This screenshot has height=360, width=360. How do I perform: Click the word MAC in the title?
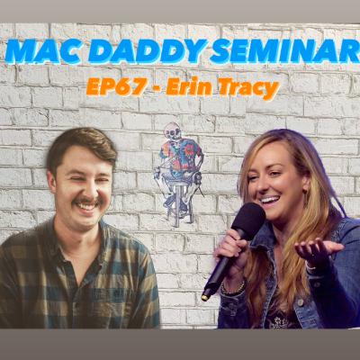[40, 50]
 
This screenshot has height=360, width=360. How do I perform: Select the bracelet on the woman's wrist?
[231, 288]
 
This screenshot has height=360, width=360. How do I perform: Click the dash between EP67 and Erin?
[151, 88]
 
